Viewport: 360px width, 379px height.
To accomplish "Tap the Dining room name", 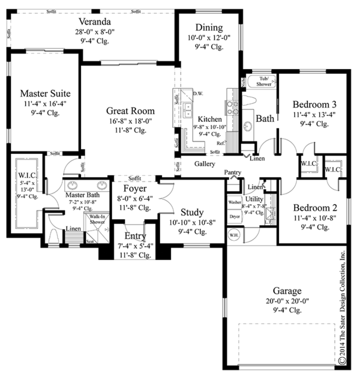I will click(209, 28).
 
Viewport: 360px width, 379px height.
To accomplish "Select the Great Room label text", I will click(130, 111).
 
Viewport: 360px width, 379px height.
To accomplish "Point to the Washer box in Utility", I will click(235, 203).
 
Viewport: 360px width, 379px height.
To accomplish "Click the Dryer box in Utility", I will click(235, 215).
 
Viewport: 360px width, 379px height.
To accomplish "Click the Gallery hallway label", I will click(205, 163).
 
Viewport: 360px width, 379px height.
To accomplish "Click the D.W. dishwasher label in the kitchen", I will click(198, 94).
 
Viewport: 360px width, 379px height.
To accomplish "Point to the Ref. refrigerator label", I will click(220, 144).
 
